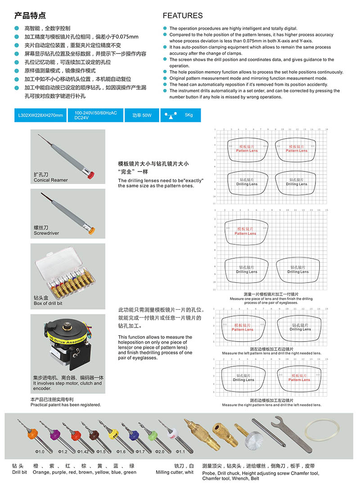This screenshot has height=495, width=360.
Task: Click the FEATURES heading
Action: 182,16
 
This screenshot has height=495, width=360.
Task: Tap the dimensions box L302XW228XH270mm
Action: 40,115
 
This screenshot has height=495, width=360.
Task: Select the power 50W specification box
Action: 142,115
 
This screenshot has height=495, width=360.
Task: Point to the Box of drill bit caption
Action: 48,303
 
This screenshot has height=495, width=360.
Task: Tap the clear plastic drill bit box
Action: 67,271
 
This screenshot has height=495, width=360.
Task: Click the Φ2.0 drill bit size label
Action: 160,451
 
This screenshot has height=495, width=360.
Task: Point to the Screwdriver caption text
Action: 46,233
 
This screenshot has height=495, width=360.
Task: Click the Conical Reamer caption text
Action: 51,180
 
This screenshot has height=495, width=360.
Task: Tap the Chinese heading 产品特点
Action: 30,16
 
